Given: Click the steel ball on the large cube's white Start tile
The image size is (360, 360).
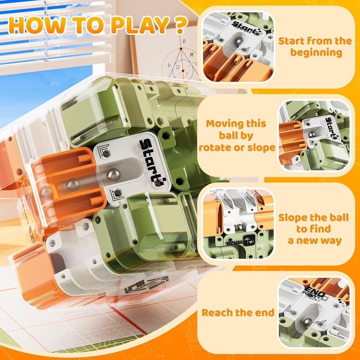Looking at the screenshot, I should pyautogui.click(x=113, y=174).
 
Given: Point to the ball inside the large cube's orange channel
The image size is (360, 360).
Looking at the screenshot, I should pyautogui.click(x=72, y=184).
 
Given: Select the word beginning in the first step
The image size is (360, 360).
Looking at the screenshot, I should pyautogui.click(x=316, y=52).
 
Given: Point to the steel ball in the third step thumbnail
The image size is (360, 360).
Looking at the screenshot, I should pyautogui.click(x=238, y=226).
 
